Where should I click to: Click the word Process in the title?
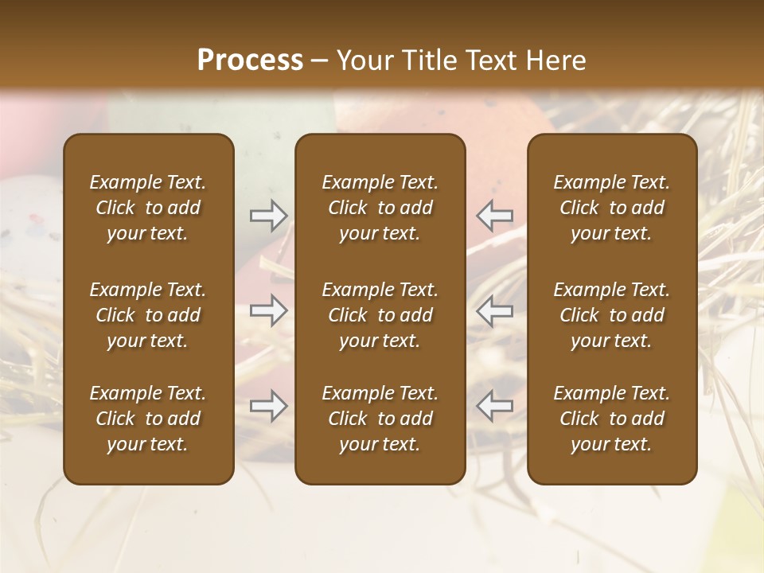coord(250,60)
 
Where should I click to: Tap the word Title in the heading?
coord(431,60)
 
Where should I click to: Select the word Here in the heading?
coord(556,60)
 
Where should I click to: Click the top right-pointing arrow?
coord(269,216)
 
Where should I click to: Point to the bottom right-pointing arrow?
coord(269,406)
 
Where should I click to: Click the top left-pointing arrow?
coord(494,216)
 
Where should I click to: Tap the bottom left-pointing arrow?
coord(494,406)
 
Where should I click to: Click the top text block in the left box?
coord(148,208)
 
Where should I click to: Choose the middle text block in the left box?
coord(148,315)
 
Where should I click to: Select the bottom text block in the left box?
coord(148,419)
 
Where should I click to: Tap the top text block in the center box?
coord(380,208)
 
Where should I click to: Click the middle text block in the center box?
coord(380,315)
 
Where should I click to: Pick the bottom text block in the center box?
coord(380,419)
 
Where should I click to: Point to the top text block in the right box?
coord(611,208)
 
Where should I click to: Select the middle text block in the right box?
coord(611,315)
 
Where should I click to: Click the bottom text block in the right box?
coord(611,419)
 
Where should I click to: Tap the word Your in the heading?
coord(363,60)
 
